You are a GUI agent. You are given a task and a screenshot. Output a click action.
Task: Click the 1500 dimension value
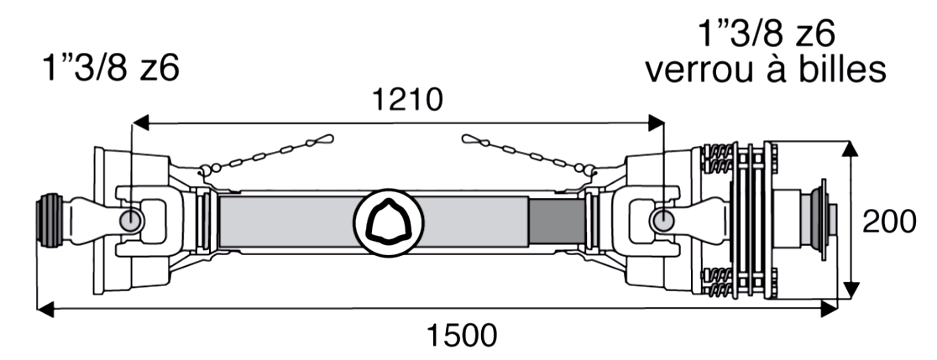coord(461,336)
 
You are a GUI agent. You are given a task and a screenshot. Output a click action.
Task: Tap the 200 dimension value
coord(889,222)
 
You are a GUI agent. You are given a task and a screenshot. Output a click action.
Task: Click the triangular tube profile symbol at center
coord(389,222)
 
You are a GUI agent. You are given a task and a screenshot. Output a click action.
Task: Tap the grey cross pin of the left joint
coord(131,221)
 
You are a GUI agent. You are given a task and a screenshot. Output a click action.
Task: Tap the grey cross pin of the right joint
coord(662,221)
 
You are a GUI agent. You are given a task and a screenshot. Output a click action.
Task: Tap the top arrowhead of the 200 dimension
coord(851,149)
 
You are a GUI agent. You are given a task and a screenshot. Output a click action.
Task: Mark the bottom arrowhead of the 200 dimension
coord(851,293)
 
